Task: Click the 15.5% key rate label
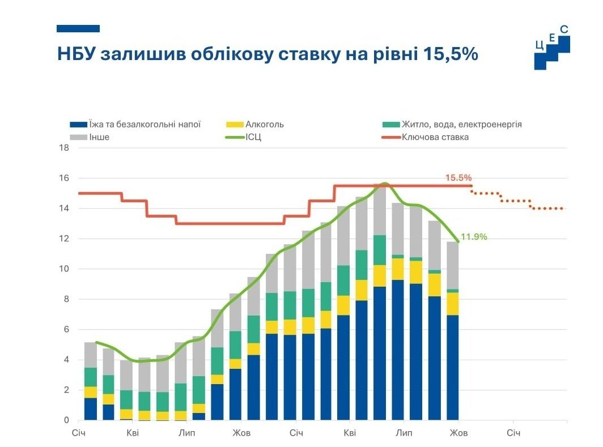(458, 177)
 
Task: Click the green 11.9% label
(474, 237)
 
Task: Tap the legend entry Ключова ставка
(435, 137)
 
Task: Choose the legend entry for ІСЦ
(253, 137)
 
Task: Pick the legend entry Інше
(99, 137)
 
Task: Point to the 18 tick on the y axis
(64, 148)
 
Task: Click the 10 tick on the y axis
(64, 269)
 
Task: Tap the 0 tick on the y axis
(66, 420)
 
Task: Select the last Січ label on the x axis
(513, 434)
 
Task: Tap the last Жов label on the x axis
(458, 434)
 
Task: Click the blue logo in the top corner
(551, 48)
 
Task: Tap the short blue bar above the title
(78, 28)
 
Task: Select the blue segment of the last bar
(452, 368)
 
